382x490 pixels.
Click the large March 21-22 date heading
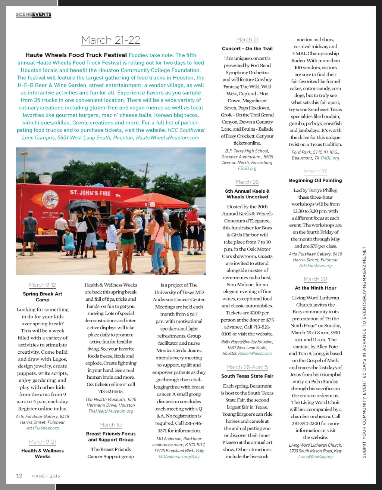(111, 40)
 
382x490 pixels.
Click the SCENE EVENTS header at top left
(34, 15)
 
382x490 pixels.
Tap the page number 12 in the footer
(19, 475)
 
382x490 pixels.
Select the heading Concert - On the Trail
(247, 49)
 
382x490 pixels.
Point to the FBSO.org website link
(247, 168)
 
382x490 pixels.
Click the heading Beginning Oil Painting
(315, 180)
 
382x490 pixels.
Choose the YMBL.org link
(329, 158)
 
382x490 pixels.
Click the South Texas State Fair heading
(247, 376)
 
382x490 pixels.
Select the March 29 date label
(315, 279)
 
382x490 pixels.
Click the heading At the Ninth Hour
(315, 288)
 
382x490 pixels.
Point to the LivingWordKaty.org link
(315, 457)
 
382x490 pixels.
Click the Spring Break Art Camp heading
(43, 297)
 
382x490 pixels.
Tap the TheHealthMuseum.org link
(111, 411)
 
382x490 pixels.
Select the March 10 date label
(111, 425)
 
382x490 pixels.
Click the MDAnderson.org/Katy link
(179, 456)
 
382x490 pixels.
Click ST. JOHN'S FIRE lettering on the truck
(90, 193)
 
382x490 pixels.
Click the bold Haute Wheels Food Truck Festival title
(76, 55)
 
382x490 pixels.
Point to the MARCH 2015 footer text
(46, 476)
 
